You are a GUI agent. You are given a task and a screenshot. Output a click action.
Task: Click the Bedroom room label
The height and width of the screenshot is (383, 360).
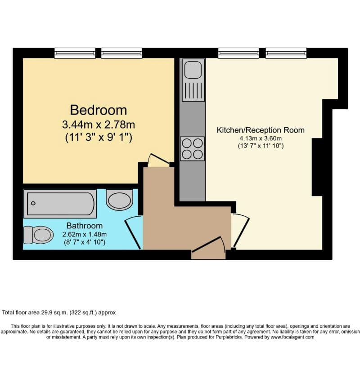(98, 110)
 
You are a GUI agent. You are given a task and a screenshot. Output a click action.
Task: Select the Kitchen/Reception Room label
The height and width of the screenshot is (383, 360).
(261, 130)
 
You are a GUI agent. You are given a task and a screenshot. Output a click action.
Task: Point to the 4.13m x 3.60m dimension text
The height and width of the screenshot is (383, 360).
(261, 138)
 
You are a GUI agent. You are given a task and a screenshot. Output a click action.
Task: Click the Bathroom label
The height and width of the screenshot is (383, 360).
(85, 226)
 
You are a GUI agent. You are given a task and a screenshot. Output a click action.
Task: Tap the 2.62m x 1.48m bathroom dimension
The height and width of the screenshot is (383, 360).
(85, 234)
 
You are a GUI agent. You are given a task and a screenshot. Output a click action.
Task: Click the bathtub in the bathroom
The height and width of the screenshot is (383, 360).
(60, 204)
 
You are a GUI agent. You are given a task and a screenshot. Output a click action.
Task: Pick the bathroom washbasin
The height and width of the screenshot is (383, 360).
(120, 200)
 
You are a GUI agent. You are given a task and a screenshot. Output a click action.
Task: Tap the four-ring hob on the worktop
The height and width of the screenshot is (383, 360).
(192, 149)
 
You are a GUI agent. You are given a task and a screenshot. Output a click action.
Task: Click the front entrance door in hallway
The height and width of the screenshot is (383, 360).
(208, 249)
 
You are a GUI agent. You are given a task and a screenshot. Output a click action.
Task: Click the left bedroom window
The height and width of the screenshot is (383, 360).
(75, 53)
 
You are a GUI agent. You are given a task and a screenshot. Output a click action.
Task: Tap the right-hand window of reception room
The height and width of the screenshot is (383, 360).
(286, 53)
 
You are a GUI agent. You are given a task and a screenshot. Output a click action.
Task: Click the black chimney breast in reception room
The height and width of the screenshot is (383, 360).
(317, 167)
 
